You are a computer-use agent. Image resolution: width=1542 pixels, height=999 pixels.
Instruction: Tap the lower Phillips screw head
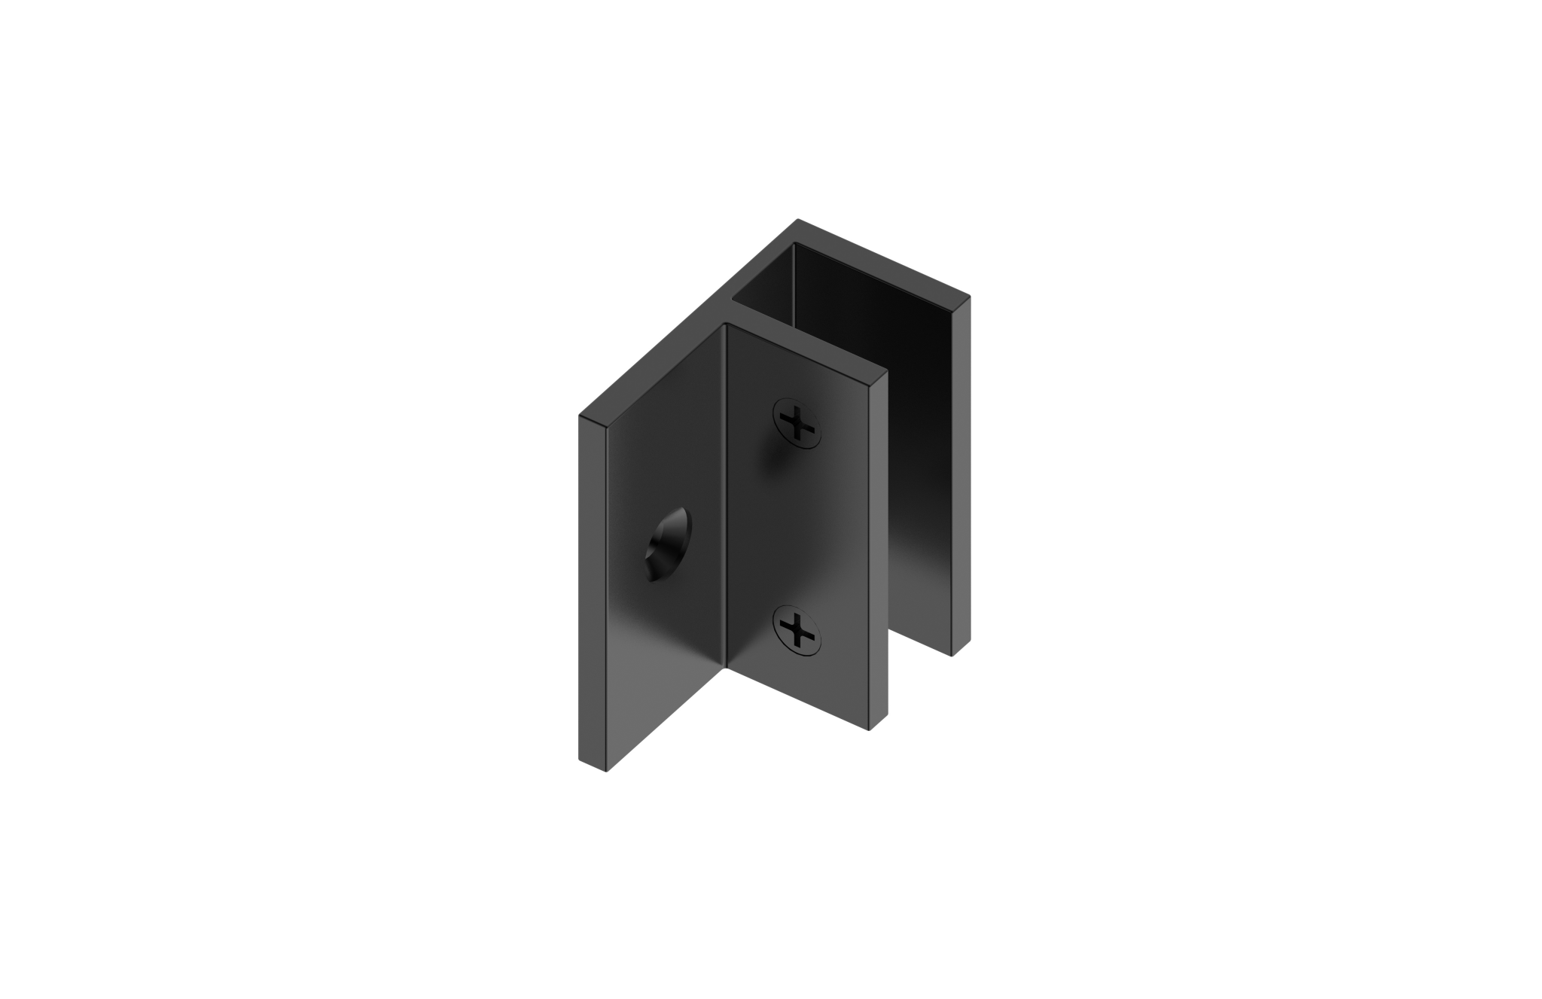(x=798, y=629)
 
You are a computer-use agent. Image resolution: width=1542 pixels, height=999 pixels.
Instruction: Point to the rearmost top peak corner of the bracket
(x=797, y=220)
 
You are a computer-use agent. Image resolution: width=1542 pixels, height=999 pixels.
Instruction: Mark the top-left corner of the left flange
(x=581, y=416)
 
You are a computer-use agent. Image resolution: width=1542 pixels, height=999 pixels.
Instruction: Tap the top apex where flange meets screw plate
(x=725, y=324)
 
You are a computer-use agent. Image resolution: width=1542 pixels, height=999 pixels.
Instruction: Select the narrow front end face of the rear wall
(x=961, y=474)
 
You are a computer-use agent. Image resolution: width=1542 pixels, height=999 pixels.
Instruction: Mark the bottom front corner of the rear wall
(x=953, y=656)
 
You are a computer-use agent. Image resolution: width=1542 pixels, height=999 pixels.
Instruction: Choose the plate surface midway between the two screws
(x=798, y=527)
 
